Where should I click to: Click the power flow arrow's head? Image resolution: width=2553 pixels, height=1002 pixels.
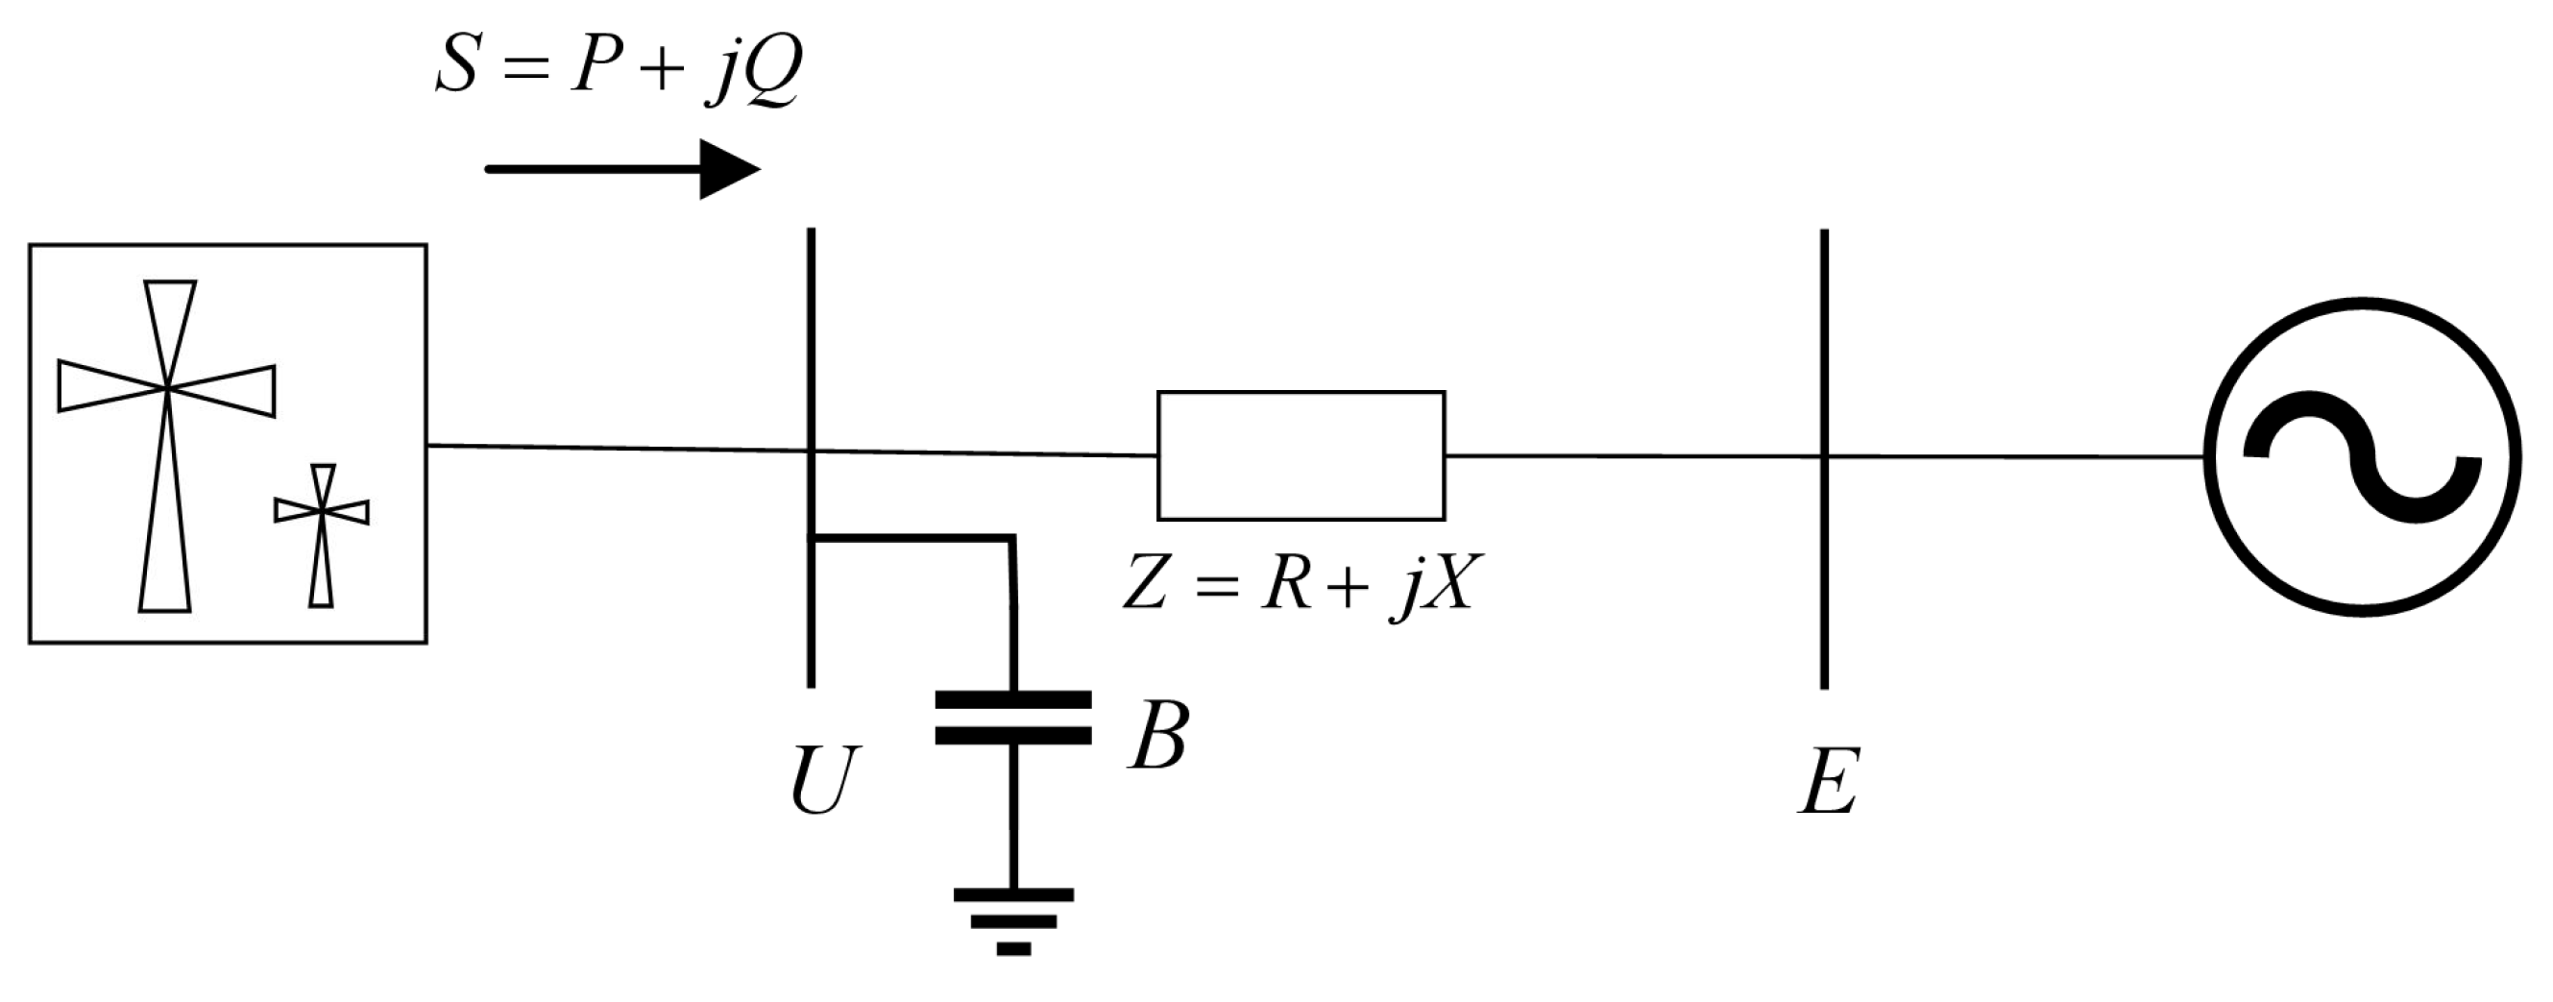click(x=728, y=169)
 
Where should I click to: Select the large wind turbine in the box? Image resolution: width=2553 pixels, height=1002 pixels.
click(x=166, y=446)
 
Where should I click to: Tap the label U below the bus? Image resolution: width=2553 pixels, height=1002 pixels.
click(x=821, y=781)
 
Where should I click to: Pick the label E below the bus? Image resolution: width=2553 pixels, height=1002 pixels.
click(x=1829, y=781)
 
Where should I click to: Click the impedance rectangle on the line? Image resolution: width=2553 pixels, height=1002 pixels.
click(x=1301, y=455)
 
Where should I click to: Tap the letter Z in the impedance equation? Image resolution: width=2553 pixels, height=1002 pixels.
click(x=1146, y=584)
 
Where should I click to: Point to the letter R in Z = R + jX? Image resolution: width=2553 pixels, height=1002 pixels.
click(x=1287, y=584)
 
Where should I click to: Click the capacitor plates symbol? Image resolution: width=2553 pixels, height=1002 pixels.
click(x=1013, y=718)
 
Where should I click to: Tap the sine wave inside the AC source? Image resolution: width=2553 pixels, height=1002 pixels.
click(x=2363, y=457)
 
